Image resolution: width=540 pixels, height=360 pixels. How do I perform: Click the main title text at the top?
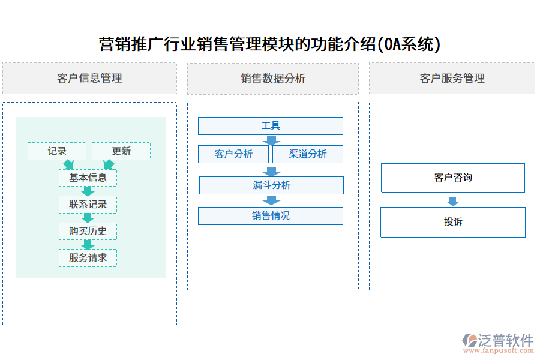pyautogui.click(x=269, y=44)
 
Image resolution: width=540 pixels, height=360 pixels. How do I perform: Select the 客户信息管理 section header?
pyautogui.click(x=89, y=79)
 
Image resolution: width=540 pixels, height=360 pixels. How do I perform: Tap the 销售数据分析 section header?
pyautogui.click(x=273, y=79)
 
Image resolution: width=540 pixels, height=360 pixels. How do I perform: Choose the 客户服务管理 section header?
pyautogui.click(x=452, y=79)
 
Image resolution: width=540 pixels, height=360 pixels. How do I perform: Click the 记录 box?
pyautogui.click(x=57, y=151)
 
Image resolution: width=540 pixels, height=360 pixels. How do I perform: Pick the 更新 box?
pyautogui.click(x=121, y=151)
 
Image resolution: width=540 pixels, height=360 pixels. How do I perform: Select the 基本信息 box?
pyautogui.click(x=88, y=178)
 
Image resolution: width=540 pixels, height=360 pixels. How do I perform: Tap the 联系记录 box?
pyautogui.click(x=88, y=205)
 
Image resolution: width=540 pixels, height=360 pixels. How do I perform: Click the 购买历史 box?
pyautogui.click(x=88, y=231)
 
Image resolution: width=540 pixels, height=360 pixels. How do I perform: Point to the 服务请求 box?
pyautogui.click(x=88, y=258)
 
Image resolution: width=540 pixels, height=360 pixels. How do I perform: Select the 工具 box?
pyautogui.click(x=271, y=126)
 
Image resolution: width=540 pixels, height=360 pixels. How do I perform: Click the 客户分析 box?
pyautogui.click(x=234, y=154)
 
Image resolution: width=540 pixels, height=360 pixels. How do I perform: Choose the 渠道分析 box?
pyautogui.click(x=308, y=154)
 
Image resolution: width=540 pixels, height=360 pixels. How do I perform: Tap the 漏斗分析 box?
pyautogui.click(x=271, y=185)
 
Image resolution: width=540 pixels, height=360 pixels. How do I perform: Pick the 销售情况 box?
pyautogui.click(x=271, y=216)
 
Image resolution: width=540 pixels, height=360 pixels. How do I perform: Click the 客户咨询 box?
pyautogui.click(x=453, y=178)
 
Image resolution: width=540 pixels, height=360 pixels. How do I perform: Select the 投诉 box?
pyautogui.click(x=453, y=222)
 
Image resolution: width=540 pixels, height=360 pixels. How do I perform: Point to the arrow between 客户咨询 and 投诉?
pyautogui.click(x=453, y=201)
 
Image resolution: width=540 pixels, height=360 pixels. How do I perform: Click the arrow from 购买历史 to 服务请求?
pyautogui.click(x=88, y=244)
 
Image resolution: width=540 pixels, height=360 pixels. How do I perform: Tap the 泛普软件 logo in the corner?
pyautogui.click(x=497, y=341)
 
